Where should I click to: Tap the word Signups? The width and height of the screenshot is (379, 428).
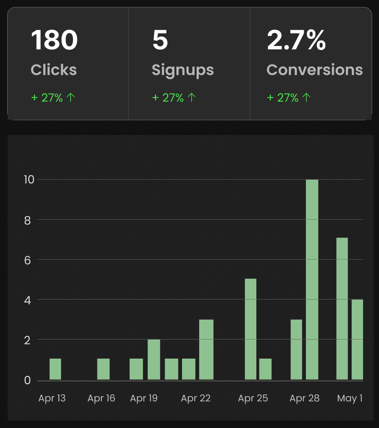click(182, 70)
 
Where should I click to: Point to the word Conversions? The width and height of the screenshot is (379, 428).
click(314, 70)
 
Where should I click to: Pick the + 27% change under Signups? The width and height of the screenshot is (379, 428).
click(174, 98)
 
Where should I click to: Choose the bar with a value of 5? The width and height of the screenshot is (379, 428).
click(251, 329)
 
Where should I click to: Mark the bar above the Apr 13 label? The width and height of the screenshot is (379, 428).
click(55, 369)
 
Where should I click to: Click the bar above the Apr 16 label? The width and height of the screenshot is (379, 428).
click(103, 369)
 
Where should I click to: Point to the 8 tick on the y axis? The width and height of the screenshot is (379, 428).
click(27, 220)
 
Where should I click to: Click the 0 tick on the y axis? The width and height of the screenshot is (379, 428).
click(27, 380)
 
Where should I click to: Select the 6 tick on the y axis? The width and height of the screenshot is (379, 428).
click(27, 260)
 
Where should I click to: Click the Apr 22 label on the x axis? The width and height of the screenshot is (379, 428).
click(196, 398)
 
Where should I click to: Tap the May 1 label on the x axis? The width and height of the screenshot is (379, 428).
click(350, 398)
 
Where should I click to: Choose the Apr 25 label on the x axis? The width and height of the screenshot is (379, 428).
click(253, 398)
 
